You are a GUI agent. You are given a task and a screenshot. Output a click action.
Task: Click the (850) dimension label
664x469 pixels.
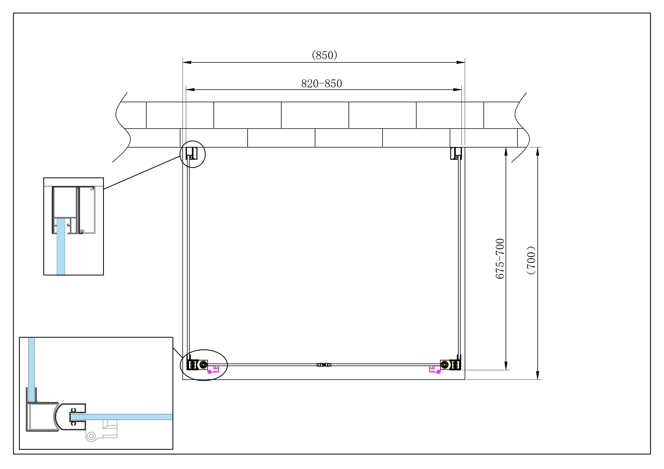point(324,55)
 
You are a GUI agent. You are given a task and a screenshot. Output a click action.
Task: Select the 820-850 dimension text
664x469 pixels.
point(322,84)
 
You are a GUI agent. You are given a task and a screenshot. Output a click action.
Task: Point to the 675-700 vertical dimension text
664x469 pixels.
point(500,259)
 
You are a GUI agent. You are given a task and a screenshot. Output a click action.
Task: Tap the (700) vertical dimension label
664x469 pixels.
point(531,260)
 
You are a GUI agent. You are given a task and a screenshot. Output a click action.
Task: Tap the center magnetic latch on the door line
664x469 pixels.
point(324,365)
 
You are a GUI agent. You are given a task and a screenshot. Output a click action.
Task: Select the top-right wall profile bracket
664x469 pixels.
point(456,153)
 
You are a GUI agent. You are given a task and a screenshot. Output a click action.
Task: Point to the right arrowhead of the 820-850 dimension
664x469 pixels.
point(458,90)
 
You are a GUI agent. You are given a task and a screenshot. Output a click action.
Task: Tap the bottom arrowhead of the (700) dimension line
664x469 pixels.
point(538,375)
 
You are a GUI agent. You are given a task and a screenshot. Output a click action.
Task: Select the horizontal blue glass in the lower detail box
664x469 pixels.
point(122,417)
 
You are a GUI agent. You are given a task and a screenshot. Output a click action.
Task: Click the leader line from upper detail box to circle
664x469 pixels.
point(142,173)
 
